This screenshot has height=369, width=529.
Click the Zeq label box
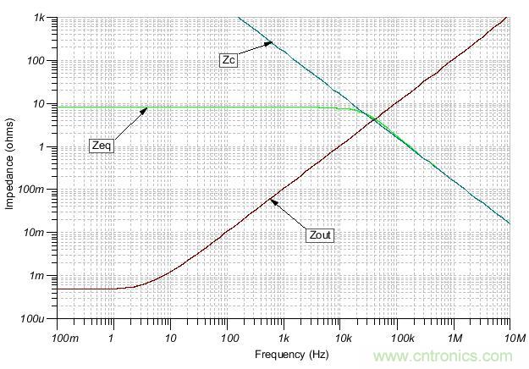[x=101, y=146]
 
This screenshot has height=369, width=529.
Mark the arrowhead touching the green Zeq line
[x=146, y=108]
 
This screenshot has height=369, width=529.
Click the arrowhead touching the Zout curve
[x=271, y=200]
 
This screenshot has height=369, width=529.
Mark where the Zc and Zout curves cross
[x=373, y=119]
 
